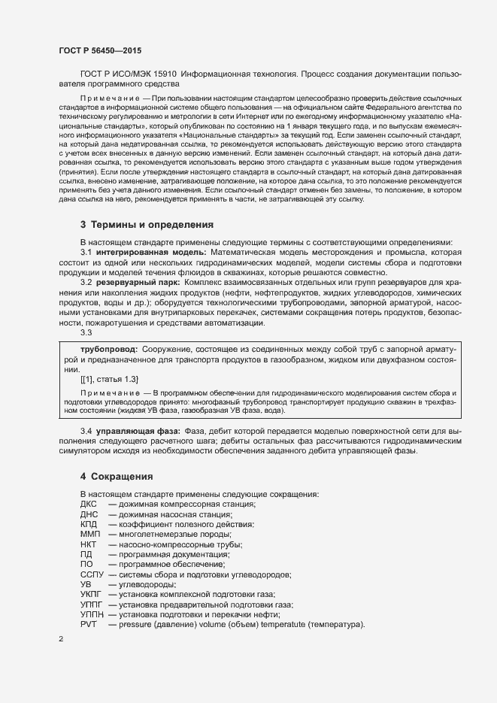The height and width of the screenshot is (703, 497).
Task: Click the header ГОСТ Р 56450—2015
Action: (99, 50)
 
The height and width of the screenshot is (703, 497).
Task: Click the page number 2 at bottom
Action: (61, 639)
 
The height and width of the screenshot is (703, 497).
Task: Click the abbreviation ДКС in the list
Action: (88, 504)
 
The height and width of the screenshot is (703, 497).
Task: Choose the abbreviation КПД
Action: (89, 524)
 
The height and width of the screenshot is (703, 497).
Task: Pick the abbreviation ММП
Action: (89, 534)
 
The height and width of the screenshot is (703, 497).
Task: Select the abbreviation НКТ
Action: (88, 544)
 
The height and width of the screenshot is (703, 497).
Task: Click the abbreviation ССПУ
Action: (91, 574)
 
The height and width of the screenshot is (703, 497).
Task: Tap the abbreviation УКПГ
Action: (91, 595)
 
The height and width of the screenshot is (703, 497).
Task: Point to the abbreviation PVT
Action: (88, 625)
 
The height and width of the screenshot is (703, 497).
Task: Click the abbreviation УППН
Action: (92, 615)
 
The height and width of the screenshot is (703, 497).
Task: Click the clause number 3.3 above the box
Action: (86, 332)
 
